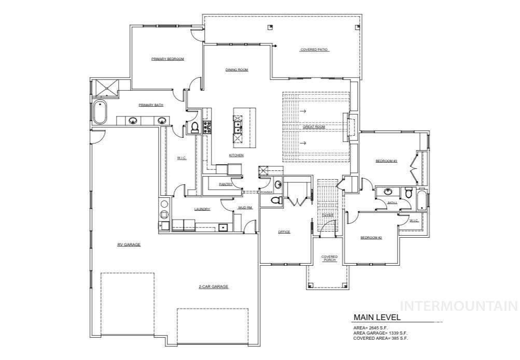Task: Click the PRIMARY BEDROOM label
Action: [167, 59]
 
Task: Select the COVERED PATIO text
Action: [314, 50]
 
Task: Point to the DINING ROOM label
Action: [236, 69]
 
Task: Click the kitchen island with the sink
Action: [237, 127]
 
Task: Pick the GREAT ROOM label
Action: [313, 126]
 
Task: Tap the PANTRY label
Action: [225, 184]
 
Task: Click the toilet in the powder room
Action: [276, 200]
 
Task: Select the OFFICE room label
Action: [284, 232]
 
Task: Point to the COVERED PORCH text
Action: [329, 258]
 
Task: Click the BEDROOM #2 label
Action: [371, 238]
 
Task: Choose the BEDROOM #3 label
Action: [386, 161]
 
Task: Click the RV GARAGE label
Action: [129, 244]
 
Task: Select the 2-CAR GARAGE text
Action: [213, 286]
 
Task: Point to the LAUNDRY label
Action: [202, 209]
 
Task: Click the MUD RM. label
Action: [245, 208]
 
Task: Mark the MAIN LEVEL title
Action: [377, 317]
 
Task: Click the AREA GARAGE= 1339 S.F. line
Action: [381, 333]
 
